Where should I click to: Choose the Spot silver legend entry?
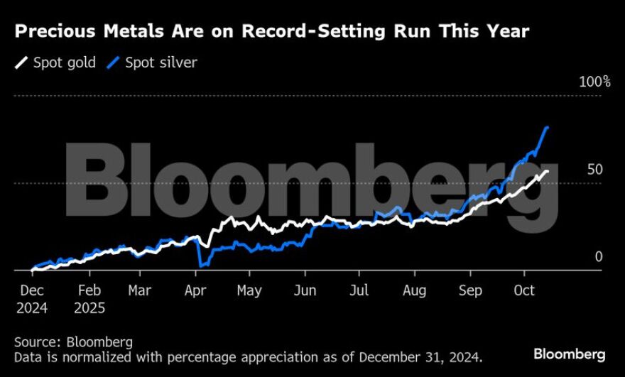(x=152, y=62)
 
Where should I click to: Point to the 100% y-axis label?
(x=594, y=82)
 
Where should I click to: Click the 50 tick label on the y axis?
(x=595, y=170)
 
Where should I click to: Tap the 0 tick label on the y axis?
(x=598, y=256)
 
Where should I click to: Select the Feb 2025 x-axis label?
(x=89, y=299)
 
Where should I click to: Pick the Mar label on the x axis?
(x=140, y=290)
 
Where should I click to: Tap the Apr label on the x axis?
(x=195, y=290)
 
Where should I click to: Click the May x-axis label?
(x=249, y=290)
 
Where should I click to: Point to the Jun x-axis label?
(x=305, y=290)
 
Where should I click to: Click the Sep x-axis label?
(x=470, y=290)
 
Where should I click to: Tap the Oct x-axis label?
(x=524, y=290)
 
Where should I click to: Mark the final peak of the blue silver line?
(x=547, y=128)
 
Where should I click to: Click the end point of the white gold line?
(x=547, y=171)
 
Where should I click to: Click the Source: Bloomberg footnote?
(x=73, y=342)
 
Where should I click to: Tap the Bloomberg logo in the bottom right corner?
(x=569, y=354)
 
